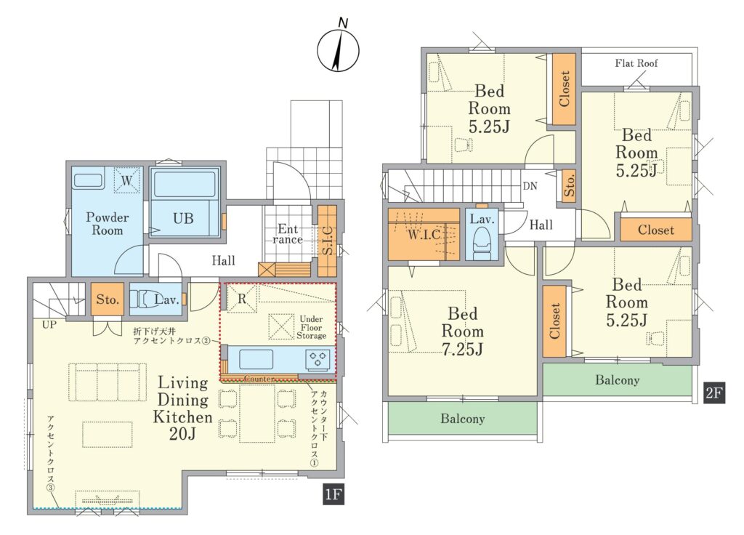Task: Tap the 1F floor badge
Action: click(333, 494)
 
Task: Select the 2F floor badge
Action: click(713, 393)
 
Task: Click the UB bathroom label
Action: click(183, 218)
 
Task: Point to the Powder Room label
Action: click(108, 224)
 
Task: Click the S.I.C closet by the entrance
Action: click(328, 241)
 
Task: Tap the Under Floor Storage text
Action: click(311, 327)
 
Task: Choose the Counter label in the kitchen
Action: click(259, 378)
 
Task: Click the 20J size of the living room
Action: click(182, 433)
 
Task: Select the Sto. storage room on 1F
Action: click(108, 299)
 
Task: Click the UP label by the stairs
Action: click(49, 325)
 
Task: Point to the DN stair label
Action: click(530, 185)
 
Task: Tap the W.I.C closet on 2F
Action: click(424, 234)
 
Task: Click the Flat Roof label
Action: click(636, 63)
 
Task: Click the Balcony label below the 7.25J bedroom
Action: click(463, 419)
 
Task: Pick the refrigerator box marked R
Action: click(241, 299)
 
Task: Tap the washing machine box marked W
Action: click(126, 180)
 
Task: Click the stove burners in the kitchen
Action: click(318, 358)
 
